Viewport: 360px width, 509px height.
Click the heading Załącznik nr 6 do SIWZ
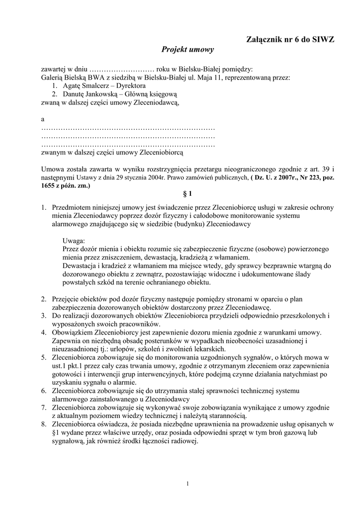(x=290, y=39)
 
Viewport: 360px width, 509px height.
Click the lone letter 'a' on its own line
(x=43, y=119)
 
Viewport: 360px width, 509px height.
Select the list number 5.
(x=44, y=357)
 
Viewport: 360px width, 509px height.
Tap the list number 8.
(x=44, y=424)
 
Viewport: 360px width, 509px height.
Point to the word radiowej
(x=185, y=441)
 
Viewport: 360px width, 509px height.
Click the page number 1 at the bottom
(x=187, y=484)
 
